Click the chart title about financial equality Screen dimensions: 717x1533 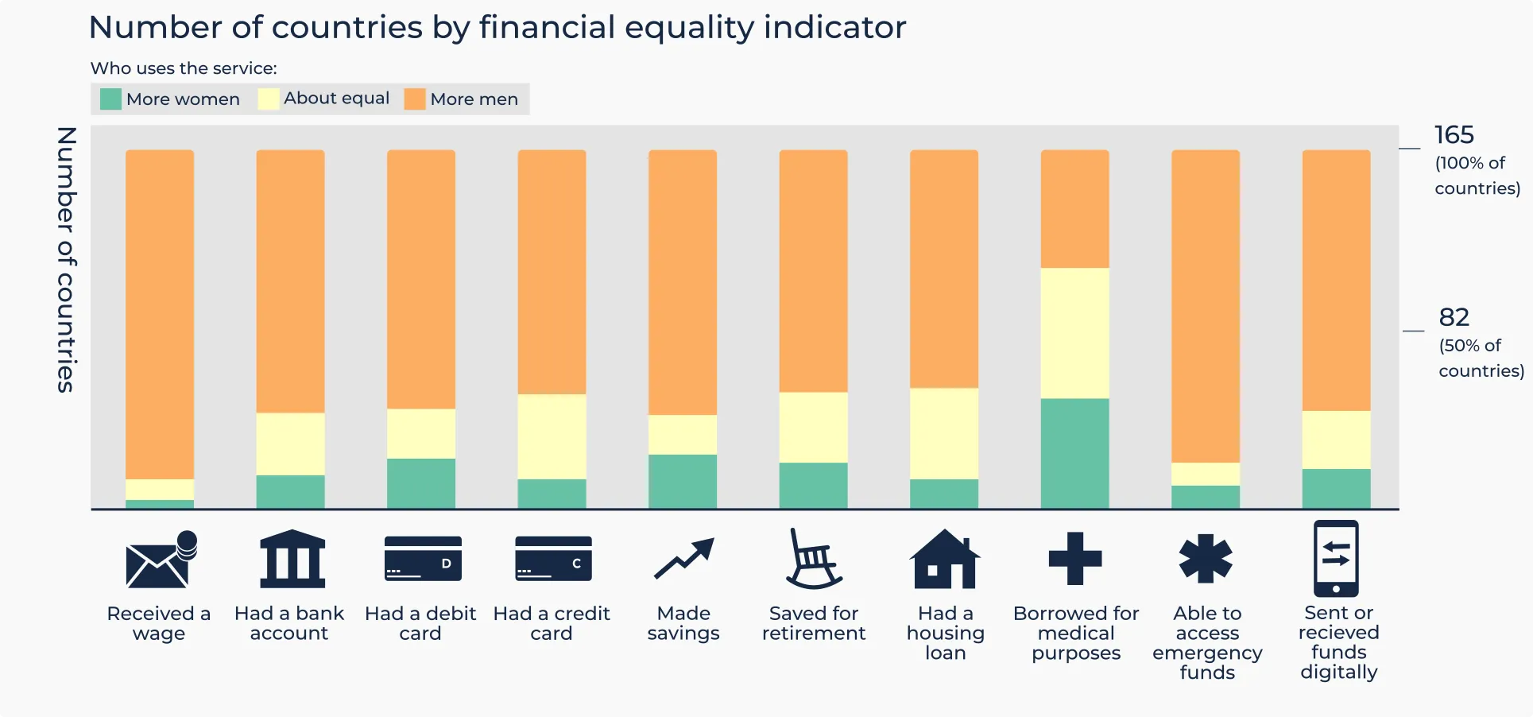pyautogui.click(x=497, y=28)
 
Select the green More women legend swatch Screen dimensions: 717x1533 pyautogui.click(x=110, y=99)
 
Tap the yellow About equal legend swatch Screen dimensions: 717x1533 pyautogui.click(x=269, y=99)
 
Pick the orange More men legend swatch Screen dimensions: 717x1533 pyautogui.click(x=415, y=99)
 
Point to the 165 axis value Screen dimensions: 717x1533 pyautogui.click(x=1454, y=135)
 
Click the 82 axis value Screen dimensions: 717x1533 pyautogui.click(x=1454, y=317)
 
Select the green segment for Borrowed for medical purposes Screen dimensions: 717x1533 pyautogui.click(x=1074, y=452)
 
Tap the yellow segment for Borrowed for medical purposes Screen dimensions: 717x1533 pyautogui.click(x=1074, y=333)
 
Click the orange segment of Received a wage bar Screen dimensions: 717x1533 pyautogui.click(x=160, y=314)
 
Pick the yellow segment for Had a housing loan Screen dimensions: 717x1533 pyautogui.click(x=944, y=433)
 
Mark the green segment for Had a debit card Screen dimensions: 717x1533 pyautogui.click(x=420, y=483)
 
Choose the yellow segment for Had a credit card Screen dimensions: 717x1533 pyautogui.click(x=552, y=436)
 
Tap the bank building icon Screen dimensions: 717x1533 pyautogui.click(x=292, y=559)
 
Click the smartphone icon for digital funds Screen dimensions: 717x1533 pyautogui.click(x=1336, y=558)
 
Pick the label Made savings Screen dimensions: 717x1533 pyautogui.click(x=683, y=623)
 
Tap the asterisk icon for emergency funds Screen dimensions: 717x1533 pyautogui.click(x=1206, y=558)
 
